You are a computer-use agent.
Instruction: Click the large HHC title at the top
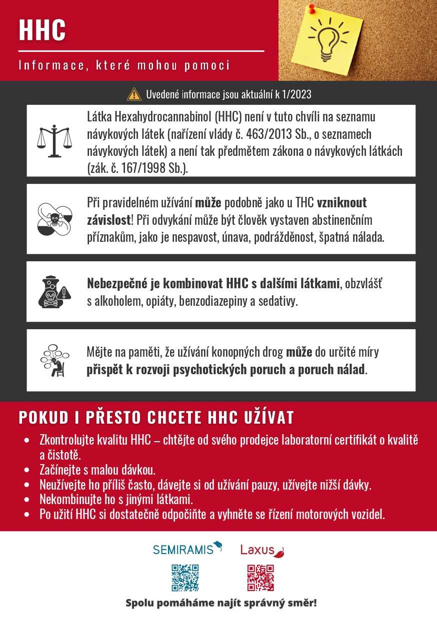[x=42, y=30]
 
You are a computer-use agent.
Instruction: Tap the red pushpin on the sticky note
[x=312, y=9]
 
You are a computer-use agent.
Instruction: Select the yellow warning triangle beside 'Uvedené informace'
[x=134, y=94]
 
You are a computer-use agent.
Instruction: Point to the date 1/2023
[x=296, y=94]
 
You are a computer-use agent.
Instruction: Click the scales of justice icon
[x=54, y=141]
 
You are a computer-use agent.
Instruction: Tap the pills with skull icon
[x=54, y=219]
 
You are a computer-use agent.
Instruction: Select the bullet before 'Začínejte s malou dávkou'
[x=26, y=471]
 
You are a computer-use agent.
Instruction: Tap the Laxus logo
[x=261, y=550]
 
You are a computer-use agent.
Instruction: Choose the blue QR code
[x=185, y=578]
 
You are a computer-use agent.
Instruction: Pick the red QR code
[x=260, y=578]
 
